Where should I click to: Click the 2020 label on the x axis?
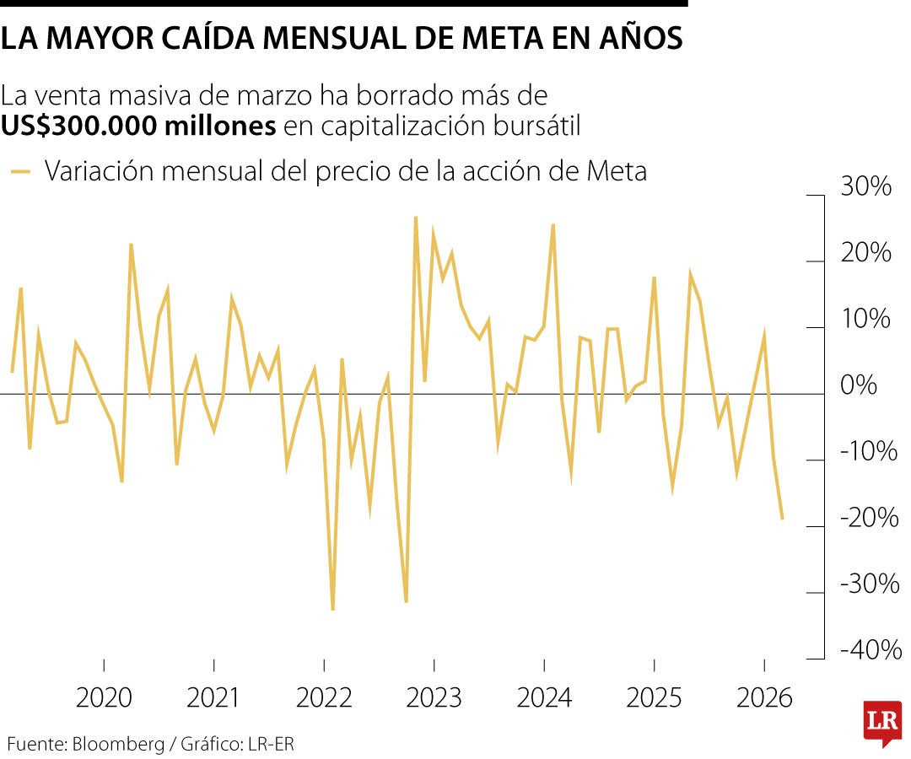[x=104, y=698]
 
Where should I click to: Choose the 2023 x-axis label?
[x=434, y=698]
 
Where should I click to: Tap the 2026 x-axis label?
[x=764, y=698]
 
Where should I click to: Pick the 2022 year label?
[x=324, y=698]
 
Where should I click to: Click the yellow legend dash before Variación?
[x=22, y=172]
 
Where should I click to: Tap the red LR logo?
[x=881, y=722]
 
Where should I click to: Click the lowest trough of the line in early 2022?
[x=332, y=610]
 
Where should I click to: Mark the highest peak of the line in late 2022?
[x=415, y=218]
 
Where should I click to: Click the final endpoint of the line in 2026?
[x=783, y=519]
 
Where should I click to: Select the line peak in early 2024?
[x=553, y=224]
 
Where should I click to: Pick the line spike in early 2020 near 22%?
[x=131, y=245]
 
